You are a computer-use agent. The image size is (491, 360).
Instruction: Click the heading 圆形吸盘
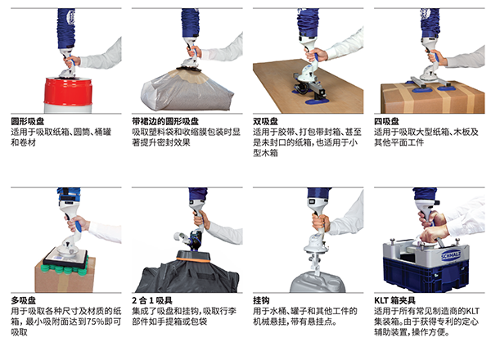tap(28, 121)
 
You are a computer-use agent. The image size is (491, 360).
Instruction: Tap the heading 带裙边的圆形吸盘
tap(165, 121)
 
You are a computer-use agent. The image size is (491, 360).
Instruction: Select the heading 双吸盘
tap(265, 121)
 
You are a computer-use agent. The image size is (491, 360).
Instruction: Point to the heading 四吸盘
tap(387, 121)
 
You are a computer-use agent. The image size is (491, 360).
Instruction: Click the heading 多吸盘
tap(24, 300)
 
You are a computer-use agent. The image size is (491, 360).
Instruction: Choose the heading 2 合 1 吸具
tap(152, 300)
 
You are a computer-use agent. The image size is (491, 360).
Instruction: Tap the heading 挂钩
tap(261, 300)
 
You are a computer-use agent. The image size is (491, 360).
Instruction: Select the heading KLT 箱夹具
tap(395, 300)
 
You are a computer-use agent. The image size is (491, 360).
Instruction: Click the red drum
tap(68, 92)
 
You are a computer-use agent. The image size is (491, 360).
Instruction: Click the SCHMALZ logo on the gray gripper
tap(451, 255)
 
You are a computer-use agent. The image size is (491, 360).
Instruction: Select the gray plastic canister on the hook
tap(318, 282)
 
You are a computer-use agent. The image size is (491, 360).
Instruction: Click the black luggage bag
tap(187, 276)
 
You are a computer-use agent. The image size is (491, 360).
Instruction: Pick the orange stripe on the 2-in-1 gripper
tap(193, 259)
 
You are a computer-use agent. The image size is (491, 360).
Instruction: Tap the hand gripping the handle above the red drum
tap(72, 61)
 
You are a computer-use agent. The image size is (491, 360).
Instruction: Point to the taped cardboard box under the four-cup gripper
tap(432, 97)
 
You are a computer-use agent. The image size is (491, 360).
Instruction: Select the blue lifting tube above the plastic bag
tap(190, 23)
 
